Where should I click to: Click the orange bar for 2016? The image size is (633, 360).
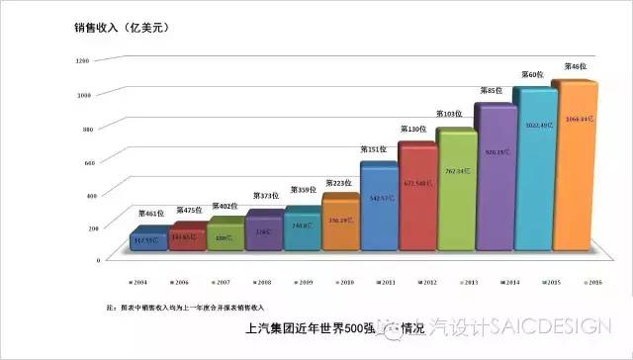coord(574,168)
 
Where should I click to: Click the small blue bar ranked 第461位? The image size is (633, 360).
coord(147,239)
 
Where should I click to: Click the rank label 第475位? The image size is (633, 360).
coord(188,210)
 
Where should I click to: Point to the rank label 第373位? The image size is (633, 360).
coord(265,196)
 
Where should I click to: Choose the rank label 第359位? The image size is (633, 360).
coord(303,190)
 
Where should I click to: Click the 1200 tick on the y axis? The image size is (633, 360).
coord(82,61)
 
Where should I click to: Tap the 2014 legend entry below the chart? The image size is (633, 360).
coord(497,282)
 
